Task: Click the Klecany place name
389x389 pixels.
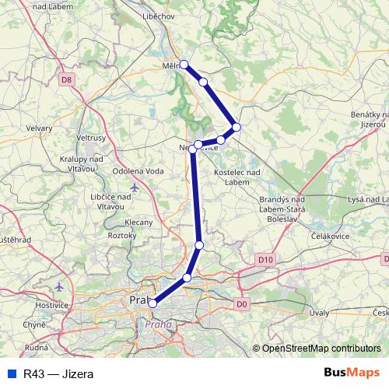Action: click(138, 222)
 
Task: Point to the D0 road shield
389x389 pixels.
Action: click(240, 303)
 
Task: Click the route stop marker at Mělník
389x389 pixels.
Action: click(184, 65)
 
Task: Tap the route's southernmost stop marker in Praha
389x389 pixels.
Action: click(152, 303)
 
